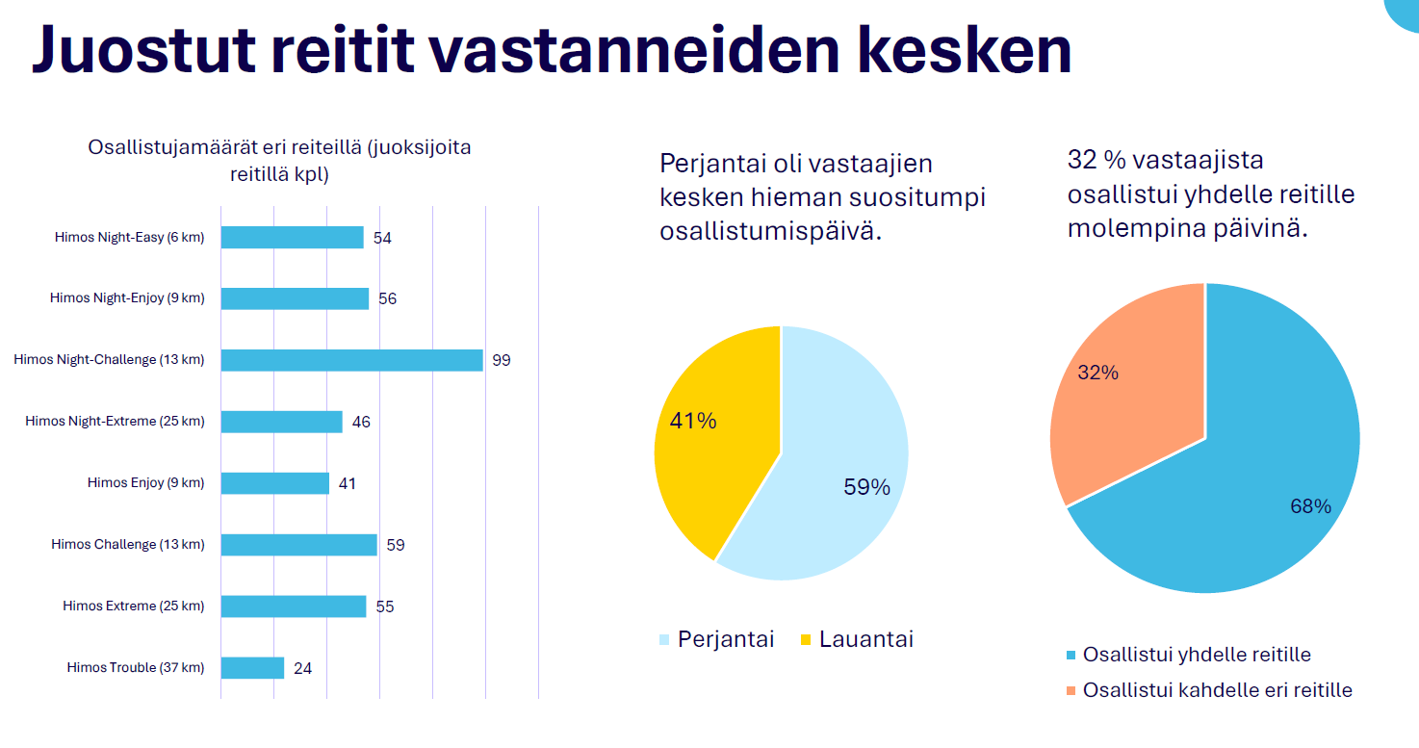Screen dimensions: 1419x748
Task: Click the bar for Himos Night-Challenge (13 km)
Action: point(352,360)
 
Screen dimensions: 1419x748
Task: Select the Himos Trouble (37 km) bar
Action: point(253,667)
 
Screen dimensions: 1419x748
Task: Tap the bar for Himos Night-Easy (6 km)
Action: point(293,238)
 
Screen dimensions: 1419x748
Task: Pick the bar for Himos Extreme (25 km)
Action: point(294,606)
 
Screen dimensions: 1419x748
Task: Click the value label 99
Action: point(502,360)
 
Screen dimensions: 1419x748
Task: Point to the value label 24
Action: point(303,668)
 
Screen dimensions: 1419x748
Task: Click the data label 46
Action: point(361,422)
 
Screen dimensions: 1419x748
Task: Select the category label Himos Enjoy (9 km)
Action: point(145,482)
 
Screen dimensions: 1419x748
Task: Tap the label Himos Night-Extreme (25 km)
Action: point(115,422)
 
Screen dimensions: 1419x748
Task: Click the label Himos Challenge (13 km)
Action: point(128,544)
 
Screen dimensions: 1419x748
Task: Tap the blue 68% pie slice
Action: point(1242,481)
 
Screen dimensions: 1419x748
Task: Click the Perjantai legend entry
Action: point(717,639)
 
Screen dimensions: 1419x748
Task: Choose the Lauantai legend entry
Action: point(857,639)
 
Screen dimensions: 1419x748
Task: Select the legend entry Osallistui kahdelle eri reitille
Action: point(1209,689)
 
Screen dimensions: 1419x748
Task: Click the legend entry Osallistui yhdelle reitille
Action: point(1188,655)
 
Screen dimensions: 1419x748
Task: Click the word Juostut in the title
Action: point(143,49)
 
